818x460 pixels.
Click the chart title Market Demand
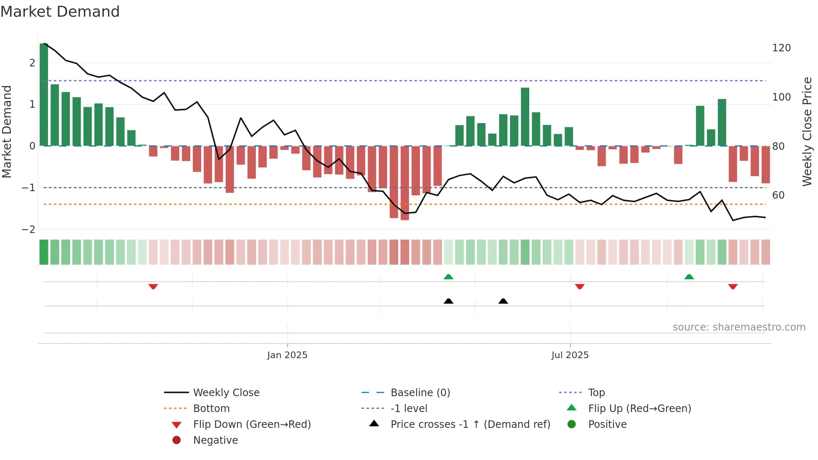coord(60,12)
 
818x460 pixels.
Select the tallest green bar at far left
coord(44,94)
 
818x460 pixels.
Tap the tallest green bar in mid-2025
coord(525,117)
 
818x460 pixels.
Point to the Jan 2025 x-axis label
coord(287,355)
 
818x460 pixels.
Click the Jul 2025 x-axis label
coord(570,355)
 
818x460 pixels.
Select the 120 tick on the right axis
coord(781,48)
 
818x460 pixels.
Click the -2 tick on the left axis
coord(29,229)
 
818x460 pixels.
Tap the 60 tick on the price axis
coord(778,195)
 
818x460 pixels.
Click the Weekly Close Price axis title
coord(807,131)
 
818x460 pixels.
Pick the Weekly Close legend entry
coord(226,392)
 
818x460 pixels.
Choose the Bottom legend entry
coord(211,408)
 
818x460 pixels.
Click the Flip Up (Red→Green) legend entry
coord(639,408)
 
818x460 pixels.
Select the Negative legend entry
coord(215,440)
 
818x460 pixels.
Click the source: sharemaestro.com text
coord(739,327)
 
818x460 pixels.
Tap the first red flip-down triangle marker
coord(153,286)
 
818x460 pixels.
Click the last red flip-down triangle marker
coord(733,286)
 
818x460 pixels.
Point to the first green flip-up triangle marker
coord(448,277)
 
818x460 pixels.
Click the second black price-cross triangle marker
coord(503,301)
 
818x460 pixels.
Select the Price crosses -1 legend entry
coord(470,424)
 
